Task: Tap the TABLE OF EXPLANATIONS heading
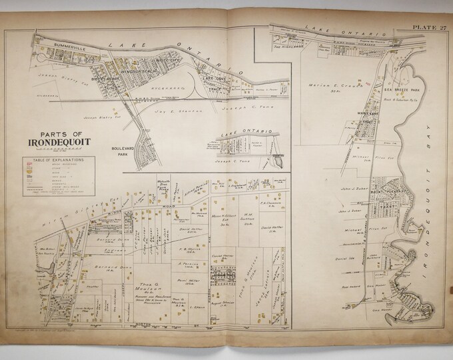click(x=50, y=161)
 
